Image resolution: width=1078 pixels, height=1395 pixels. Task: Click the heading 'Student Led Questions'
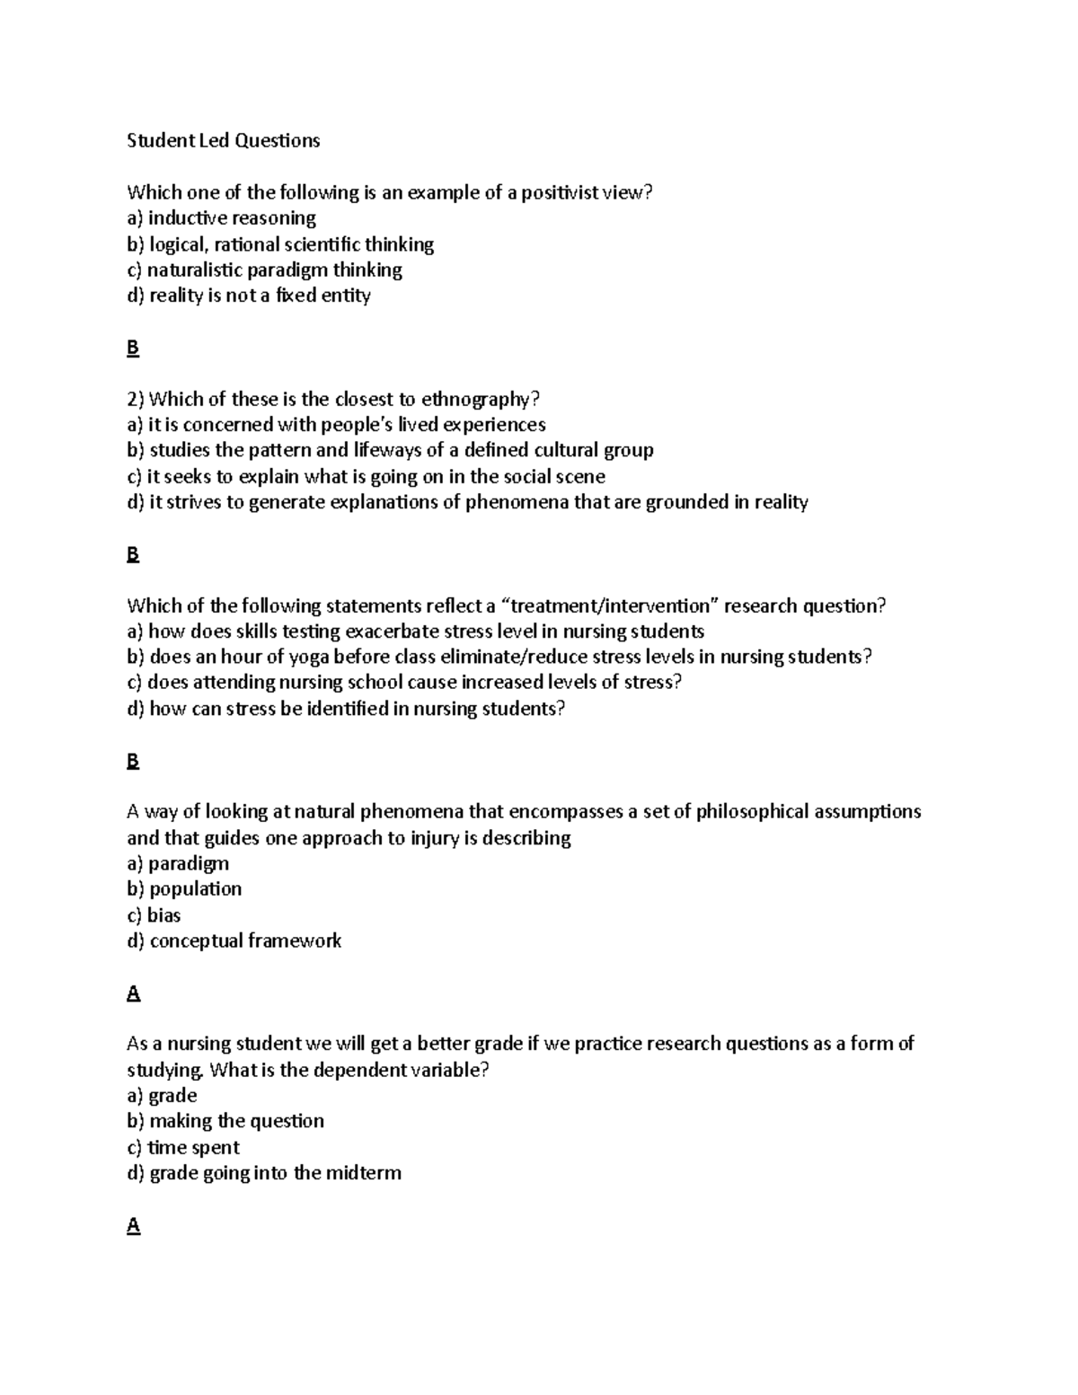(223, 140)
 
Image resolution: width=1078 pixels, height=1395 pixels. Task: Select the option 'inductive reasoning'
(232, 218)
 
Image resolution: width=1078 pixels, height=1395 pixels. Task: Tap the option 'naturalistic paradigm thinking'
(274, 269)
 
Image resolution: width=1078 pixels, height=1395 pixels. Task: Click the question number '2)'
(137, 399)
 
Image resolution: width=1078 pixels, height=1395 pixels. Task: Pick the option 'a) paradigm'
(178, 863)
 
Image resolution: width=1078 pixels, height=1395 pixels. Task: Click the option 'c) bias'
(155, 915)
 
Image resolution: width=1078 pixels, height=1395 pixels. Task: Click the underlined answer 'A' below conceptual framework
(134, 993)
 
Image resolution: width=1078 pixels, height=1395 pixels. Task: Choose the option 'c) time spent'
(183, 1147)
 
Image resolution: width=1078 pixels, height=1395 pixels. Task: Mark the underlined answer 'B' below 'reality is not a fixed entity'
(133, 348)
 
